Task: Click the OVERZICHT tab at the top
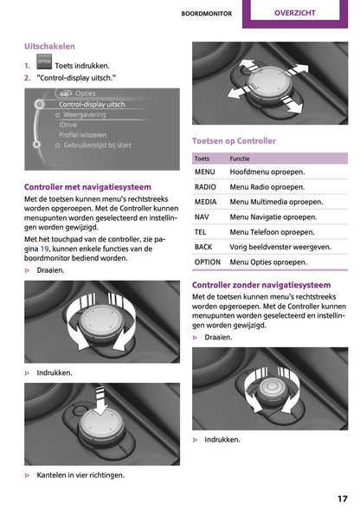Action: tap(295, 13)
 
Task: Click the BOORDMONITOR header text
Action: tap(207, 14)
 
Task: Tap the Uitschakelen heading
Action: tap(49, 46)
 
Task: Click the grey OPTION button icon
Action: tap(44, 61)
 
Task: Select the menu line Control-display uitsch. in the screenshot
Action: tap(93, 104)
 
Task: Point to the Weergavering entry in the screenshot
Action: tap(85, 114)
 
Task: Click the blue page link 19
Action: tap(45, 249)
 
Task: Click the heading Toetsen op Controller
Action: tap(234, 141)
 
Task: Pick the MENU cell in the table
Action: tap(205, 171)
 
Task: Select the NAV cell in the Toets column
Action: tap(202, 217)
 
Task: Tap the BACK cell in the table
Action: tap(203, 247)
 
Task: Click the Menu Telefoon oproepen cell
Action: tap(272, 232)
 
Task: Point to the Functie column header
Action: tap(240, 158)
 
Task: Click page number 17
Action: tap(343, 499)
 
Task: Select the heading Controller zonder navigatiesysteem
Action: tap(261, 285)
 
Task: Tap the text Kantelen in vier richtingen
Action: tap(80, 475)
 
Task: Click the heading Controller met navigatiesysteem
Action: tap(87, 187)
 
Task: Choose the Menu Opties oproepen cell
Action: tap(268, 262)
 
